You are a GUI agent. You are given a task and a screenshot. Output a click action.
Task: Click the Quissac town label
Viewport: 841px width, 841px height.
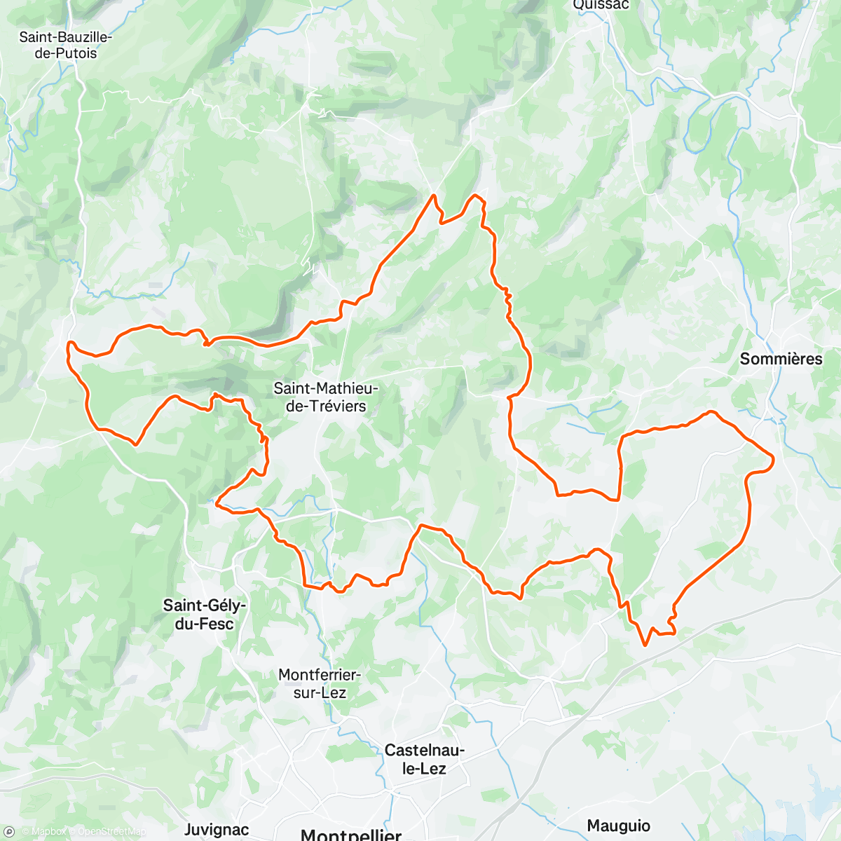pyautogui.click(x=601, y=6)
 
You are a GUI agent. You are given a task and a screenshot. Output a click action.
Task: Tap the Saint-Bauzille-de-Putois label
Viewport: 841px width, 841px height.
pyautogui.click(x=65, y=45)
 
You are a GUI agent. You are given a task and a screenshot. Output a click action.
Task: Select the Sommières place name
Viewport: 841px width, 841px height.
pyautogui.click(x=781, y=359)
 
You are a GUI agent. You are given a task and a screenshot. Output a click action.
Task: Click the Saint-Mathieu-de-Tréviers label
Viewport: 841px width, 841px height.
pyautogui.click(x=326, y=397)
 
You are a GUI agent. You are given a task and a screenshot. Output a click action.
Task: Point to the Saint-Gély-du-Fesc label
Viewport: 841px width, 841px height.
pyautogui.click(x=204, y=614)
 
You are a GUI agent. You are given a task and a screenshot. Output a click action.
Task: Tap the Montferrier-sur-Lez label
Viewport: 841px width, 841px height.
pyautogui.click(x=319, y=683)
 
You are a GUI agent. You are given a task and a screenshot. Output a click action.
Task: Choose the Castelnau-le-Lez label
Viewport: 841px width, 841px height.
pyautogui.click(x=424, y=759)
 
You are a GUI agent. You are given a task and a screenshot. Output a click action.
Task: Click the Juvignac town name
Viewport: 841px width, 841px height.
pyautogui.click(x=216, y=830)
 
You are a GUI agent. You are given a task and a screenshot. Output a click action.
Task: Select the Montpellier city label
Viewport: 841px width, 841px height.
pyautogui.click(x=350, y=834)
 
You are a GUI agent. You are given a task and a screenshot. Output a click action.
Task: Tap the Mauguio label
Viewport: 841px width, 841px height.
pyautogui.click(x=618, y=826)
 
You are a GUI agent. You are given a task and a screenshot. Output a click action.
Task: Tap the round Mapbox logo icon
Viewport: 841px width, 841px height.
pyautogui.click(x=9, y=831)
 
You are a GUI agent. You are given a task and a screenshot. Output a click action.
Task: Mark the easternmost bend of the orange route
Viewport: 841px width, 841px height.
pyautogui.click(x=773, y=460)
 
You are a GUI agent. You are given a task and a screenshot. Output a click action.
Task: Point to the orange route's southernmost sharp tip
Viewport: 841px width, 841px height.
pyautogui.click(x=645, y=645)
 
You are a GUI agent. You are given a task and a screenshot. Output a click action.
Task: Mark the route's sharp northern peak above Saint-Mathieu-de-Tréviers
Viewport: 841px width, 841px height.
pyautogui.click(x=435, y=196)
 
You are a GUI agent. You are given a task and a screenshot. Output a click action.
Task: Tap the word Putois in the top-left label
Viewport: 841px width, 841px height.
pyautogui.click(x=76, y=53)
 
